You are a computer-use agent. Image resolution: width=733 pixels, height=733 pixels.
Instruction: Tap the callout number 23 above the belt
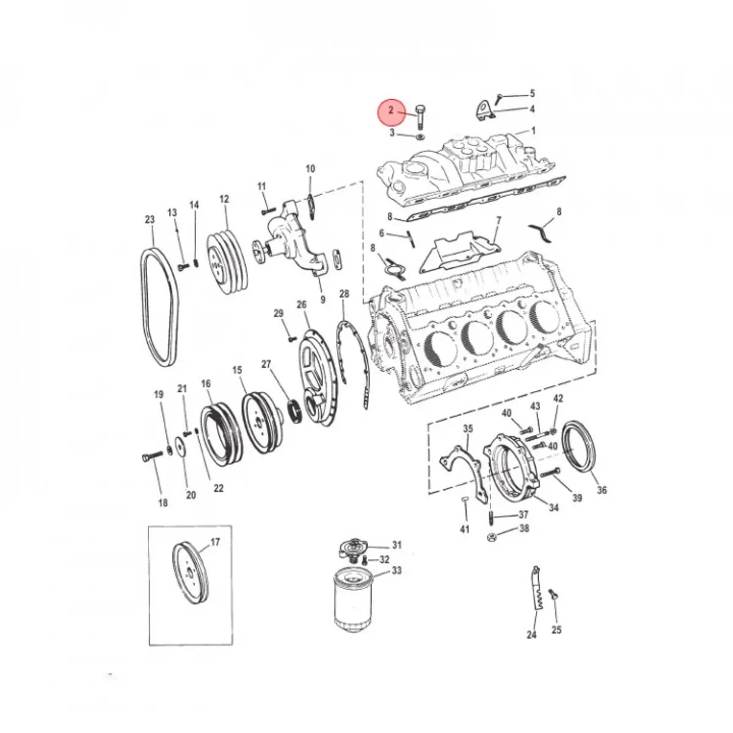coord(150,219)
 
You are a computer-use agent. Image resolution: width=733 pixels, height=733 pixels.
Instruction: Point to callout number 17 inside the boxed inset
coord(215,542)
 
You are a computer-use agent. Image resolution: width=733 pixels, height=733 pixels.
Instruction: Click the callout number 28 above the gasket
coord(344,294)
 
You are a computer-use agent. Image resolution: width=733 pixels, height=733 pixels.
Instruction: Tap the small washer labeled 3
coord(420,136)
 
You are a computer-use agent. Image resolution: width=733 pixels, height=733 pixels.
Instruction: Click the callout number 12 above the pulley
coord(224,199)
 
